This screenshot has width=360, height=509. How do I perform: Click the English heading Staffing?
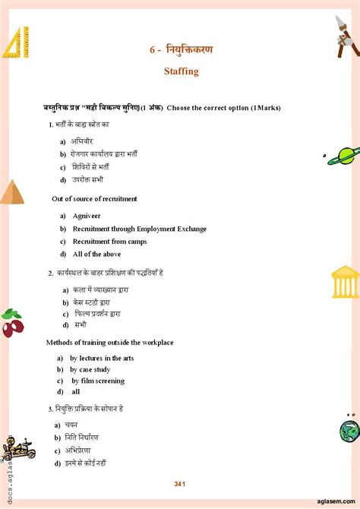click(181, 71)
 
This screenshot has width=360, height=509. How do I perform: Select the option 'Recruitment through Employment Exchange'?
click(139, 229)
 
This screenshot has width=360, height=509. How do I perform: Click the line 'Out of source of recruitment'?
click(94, 199)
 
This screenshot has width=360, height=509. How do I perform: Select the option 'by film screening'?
click(98, 381)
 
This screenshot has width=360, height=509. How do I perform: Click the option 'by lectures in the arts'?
click(102, 358)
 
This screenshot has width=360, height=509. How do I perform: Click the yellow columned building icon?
click(346, 281)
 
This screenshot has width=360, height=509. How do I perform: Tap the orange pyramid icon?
click(11, 192)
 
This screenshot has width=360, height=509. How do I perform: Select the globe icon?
click(349, 431)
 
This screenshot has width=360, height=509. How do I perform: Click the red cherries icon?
click(13, 324)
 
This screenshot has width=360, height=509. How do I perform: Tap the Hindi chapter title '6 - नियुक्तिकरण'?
click(181, 50)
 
